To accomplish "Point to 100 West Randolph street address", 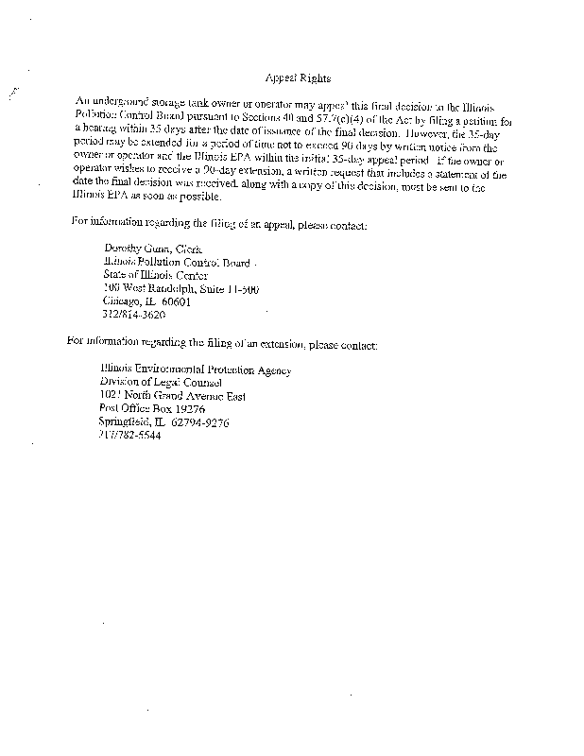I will (x=180, y=288).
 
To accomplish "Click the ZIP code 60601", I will (x=177, y=301).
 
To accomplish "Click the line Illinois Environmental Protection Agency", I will (x=196, y=370).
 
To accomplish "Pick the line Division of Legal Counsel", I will (x=161, y=384).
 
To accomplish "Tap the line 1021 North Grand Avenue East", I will (x=172, y=397).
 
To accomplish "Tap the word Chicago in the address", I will (x=121, y=301).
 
